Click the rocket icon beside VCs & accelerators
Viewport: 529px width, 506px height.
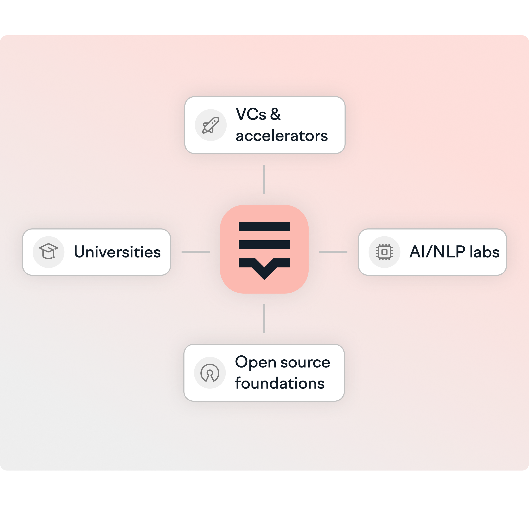pyautogui.click(x=210, y=125)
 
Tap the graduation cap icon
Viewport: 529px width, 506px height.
pyautogui.click(x=48, y=252)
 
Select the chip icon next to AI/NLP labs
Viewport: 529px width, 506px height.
pyautogui.click(x=384, y=252)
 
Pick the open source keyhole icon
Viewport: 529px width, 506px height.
pyautogui.click(x=210, y=373)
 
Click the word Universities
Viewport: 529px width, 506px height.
pyautogui.click(x=117, y=252)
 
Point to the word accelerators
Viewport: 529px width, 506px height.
pyautogui.click(x=281, y=136)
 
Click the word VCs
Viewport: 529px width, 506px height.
pyautogui.click(x=251, y=114)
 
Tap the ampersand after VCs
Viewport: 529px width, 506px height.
pyautogui.click(x=275, y=114)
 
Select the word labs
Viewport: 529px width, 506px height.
pyautogui.click(x=484, y=252)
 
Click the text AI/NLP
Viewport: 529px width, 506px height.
pyautogui.click(x=437, y=252)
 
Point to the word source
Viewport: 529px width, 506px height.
pyautogui.click(x=305, y=362)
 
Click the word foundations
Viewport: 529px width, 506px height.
pyautogui.click(x=280, y=383)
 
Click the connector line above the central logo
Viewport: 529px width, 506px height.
pyautogui.click(x=264, y=179)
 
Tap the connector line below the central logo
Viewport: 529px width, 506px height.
pyautogui.click(x=264, y=319)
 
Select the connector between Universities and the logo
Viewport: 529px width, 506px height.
pyautogui.click(x=196, y=252)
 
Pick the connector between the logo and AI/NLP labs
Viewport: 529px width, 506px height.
pyautogui.click(x=333, y=252)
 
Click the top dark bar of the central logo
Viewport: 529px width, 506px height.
pyautogui.click(x=264, y=227)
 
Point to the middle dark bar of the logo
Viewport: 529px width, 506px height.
pyautogui.click(x=264, y=245)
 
